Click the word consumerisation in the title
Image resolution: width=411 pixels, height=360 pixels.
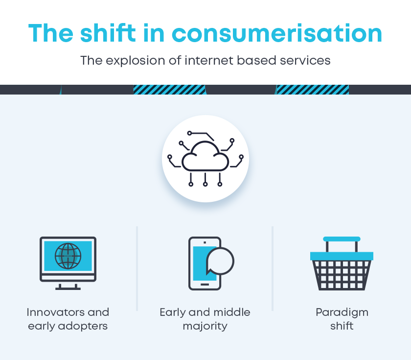point(277,34)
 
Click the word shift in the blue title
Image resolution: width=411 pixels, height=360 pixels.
point(108,33)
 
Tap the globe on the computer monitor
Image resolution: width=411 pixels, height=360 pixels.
point(68,256)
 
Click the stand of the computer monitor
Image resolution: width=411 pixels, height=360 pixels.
point(68,287)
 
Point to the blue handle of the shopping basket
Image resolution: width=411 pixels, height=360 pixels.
point(342,239)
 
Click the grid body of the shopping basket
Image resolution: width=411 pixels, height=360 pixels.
point(342,275)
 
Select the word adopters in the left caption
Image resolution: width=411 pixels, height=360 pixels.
point(83,327)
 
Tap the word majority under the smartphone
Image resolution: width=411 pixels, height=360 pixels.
point(205,327)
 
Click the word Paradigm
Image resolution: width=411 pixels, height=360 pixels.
point(342,313)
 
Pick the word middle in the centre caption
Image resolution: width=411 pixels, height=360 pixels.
point(232,312)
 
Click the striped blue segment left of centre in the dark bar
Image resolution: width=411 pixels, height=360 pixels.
point(169,90)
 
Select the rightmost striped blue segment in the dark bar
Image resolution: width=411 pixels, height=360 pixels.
point(313,90)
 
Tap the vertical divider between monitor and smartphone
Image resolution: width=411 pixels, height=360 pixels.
point(137,268)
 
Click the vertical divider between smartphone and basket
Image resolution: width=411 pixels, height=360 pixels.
point(273,268)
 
